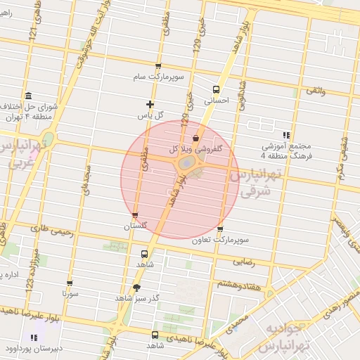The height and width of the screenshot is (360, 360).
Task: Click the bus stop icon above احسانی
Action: [216, 89]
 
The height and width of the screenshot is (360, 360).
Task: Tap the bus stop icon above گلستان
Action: [135, 216]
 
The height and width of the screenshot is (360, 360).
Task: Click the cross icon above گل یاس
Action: [150, 104]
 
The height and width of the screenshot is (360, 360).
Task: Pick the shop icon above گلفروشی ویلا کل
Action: [195, 138]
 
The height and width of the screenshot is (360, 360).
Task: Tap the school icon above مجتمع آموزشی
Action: [285, 134]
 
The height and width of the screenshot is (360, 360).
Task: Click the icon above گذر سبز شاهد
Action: [136, 287]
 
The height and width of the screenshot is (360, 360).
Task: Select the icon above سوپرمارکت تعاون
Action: [220, 229]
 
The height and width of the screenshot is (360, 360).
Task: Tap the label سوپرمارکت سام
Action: [160, 76]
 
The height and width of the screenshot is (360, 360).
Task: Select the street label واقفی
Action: [316, 91]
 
